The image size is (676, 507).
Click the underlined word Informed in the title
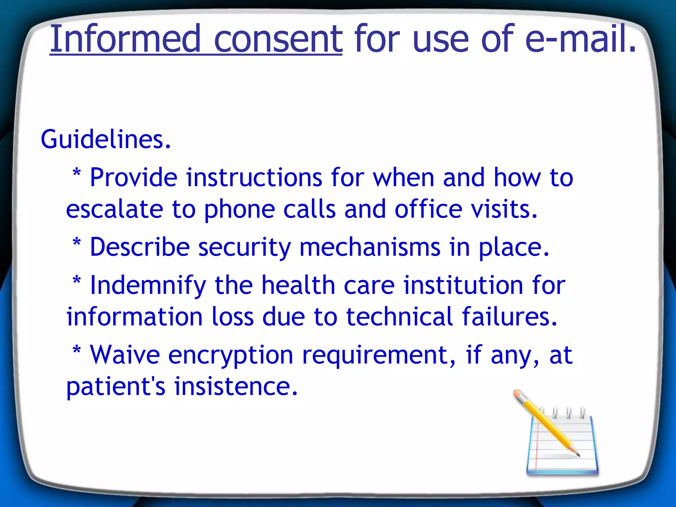[125, 39]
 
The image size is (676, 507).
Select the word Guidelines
[106, 139]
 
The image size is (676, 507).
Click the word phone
[239, 209]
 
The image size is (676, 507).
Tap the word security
[244, 248]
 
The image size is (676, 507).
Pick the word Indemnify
[148, 285]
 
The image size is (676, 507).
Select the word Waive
[125, 355]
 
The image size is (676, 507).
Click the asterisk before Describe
[77, 242]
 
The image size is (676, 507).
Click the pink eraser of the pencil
[518, 394]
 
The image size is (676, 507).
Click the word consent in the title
[278, 39]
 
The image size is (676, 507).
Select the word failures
[510, 317]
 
